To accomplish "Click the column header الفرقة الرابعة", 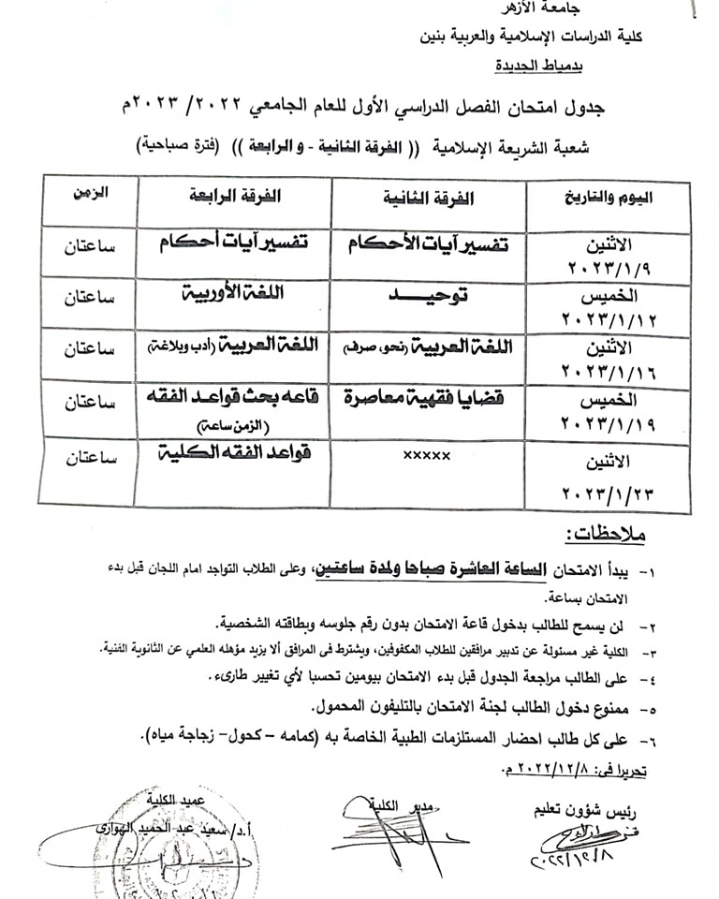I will click(x=234, y=198).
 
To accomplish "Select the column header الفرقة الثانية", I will click(x=429, y=199).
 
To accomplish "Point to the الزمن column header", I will click(x=89, y=193).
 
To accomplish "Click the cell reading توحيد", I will click(x=427, y=294).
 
